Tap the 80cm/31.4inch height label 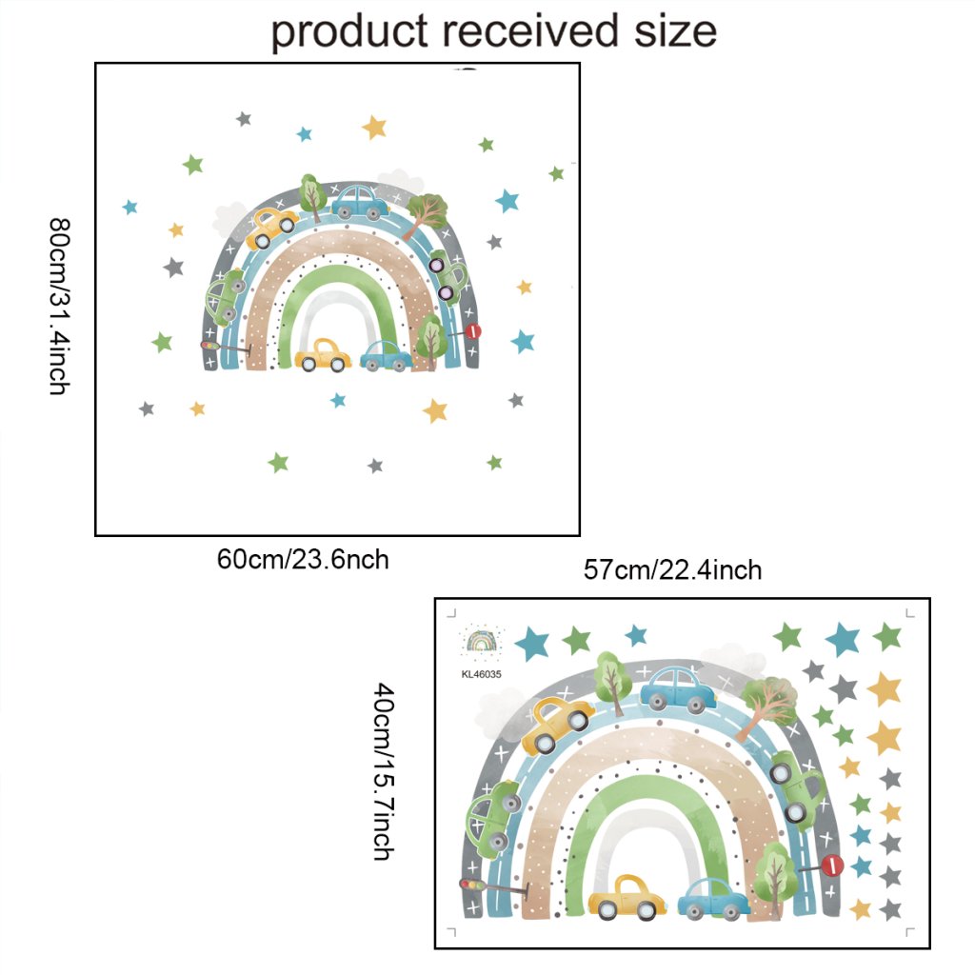(59, 306)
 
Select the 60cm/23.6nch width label (303, 559)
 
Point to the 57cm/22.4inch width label (672, 570)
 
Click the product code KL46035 (481, 674)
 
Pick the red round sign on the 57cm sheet (832, 866)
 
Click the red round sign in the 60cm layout (473, 331)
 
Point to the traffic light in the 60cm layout (208, 346)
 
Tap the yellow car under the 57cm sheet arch (628, 898)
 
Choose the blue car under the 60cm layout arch (386, 356)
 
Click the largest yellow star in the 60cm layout (374, 127)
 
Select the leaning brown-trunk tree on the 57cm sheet (766, 706)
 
